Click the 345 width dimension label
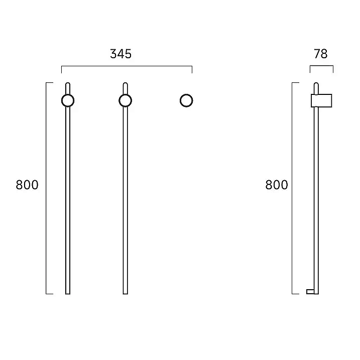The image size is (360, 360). coord(121,54)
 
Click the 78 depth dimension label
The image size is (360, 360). coord(321,54)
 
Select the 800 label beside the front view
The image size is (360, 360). coord(27,185)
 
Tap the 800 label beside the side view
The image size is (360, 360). coord(277,185)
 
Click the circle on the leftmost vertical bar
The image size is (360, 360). coord(62,100)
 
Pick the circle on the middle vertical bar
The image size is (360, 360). coord(119,100)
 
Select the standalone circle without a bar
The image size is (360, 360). coord(180,100)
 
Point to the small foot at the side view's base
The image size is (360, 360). coord(310,292)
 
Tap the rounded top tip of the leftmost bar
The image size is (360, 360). coord(68,83)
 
